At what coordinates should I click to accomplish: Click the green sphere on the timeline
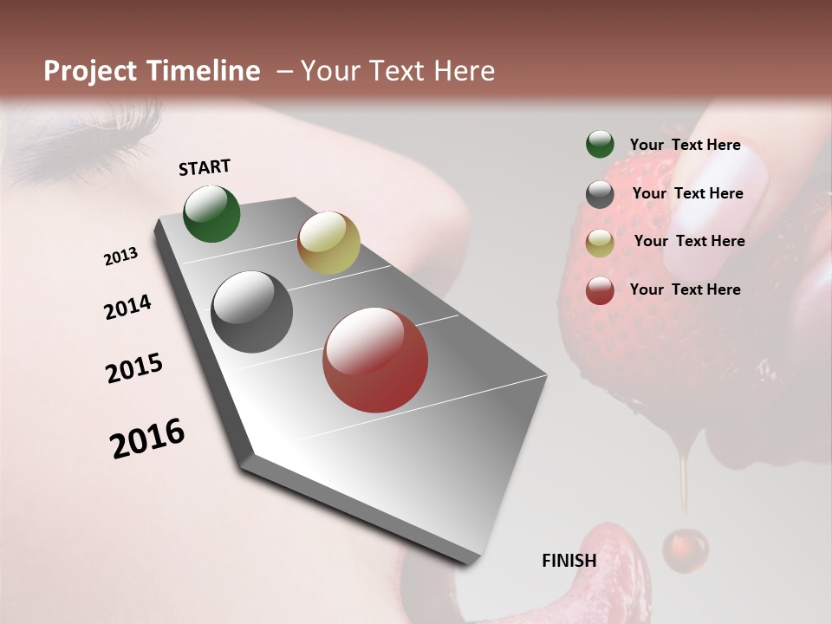211,214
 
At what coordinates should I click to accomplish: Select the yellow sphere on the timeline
328,243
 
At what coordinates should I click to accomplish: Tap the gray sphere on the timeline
251,312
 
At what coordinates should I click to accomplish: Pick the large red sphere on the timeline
375,360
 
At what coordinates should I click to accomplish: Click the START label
205,167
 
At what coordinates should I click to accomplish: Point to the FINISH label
569,561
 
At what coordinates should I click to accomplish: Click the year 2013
120,257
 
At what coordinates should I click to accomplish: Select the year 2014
127,308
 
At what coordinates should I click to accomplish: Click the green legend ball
600,145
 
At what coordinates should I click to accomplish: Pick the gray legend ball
600,194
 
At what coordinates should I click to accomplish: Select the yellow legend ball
600,243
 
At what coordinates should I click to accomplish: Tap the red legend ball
600,290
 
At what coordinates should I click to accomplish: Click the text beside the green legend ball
685,145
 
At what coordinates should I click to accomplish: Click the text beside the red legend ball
685,289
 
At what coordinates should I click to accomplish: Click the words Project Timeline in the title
152,71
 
